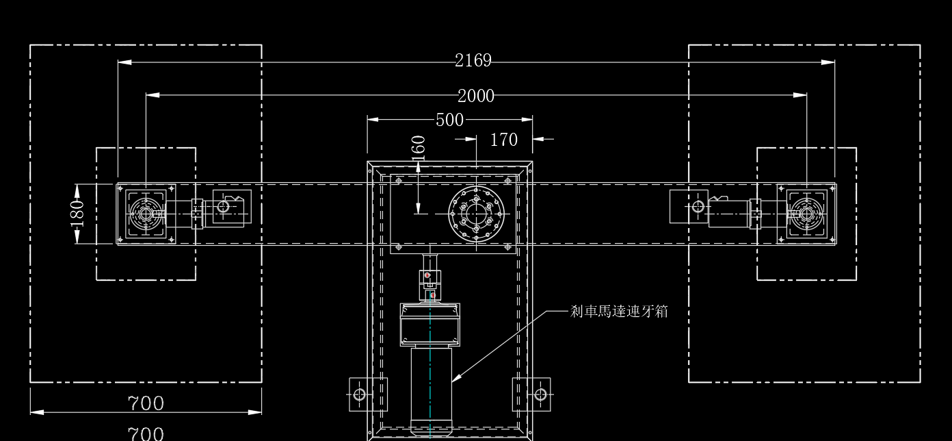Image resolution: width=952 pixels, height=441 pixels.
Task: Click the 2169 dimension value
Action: [x=473, y=60]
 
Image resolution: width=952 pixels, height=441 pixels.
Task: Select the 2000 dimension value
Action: [x=476, y=96]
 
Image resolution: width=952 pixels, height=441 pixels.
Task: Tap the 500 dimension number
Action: [x=449, y=120]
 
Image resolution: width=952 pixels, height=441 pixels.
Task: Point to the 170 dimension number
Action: [x=504, y=140]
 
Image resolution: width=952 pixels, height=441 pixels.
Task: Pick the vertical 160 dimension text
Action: [x=419, y=148]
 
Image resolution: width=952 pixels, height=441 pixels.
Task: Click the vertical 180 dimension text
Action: [x=77, y=214]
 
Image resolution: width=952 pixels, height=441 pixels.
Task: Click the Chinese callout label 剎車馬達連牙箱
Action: [x=619, y=312]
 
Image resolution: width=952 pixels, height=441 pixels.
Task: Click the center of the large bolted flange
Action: [x=476, y=214]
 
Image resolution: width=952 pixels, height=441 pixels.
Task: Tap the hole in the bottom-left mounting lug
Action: [x=359, y=394]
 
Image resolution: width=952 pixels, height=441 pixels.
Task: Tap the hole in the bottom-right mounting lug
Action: [x=540, y=394]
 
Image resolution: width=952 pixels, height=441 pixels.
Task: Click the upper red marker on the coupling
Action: [x=427, y=275]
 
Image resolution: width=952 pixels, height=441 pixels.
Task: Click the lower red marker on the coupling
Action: [x=433, y=295]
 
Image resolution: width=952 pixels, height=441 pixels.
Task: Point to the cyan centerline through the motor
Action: [x=430, y=366]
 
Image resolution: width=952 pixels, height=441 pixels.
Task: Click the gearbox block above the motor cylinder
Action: [x=430, y=325]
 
